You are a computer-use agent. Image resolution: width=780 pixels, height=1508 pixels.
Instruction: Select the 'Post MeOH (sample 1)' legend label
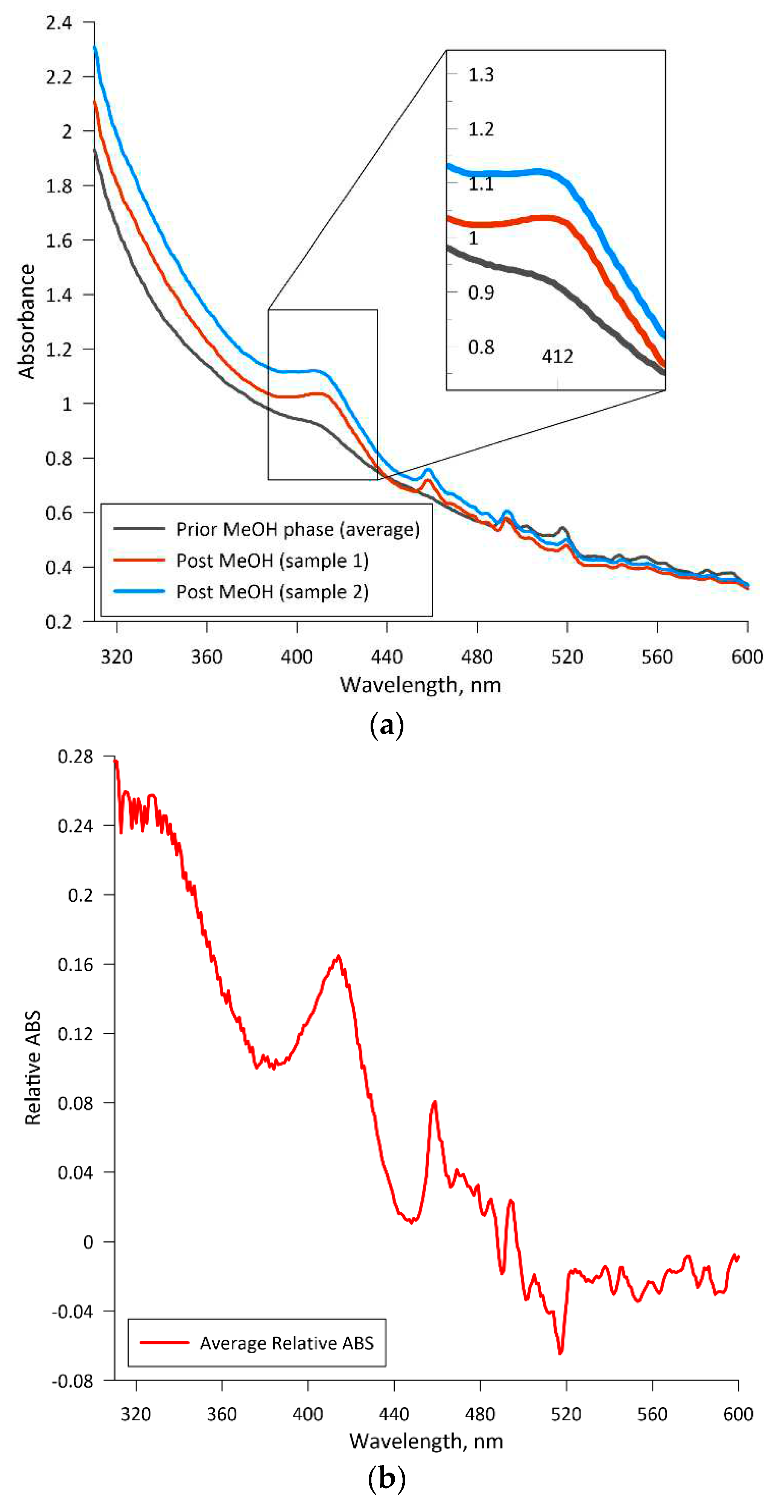272,561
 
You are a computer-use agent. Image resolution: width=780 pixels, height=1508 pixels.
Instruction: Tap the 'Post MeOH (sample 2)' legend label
272,592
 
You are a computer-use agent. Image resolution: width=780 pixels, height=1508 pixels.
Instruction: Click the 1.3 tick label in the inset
480,75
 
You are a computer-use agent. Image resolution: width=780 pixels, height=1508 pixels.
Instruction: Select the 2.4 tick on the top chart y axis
59,23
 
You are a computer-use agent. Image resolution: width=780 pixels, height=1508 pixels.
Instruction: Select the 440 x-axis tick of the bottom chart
394,1414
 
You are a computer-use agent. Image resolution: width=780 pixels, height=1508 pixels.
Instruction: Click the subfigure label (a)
387,726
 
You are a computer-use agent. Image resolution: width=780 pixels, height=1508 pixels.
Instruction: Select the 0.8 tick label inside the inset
480,347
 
